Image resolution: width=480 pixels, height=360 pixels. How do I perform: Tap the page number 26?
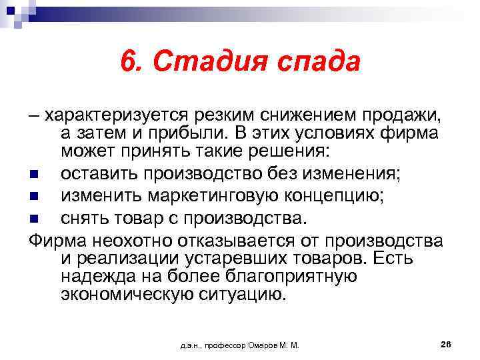[x=446, y=344]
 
